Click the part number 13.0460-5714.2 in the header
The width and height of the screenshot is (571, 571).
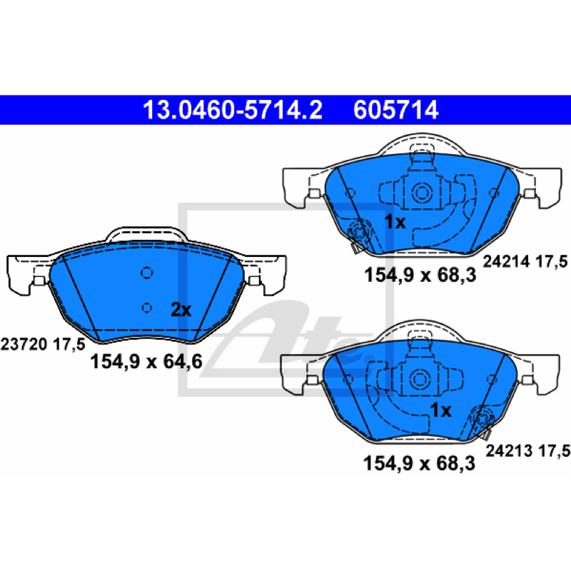(x=233, y=110)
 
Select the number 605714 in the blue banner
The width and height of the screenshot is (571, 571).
(x=396, y=110)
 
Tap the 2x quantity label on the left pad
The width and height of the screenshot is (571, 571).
(x=181, y=310)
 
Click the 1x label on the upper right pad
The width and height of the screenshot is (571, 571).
(x=395, y=221)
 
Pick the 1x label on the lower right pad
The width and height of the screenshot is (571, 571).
(x=440, y=410)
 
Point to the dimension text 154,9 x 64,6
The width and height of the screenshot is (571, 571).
(x=146, y=362)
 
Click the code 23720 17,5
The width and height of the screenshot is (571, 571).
(x=43, y=344)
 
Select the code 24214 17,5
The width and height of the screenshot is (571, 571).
(x=525, y=261)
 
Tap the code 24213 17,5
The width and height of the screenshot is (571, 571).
(x=527, y=450)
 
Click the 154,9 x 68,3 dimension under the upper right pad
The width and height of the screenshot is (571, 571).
(x=420, y=275)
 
